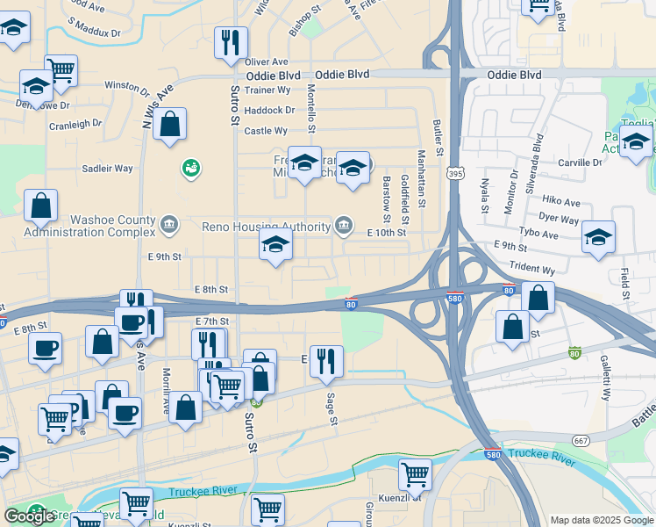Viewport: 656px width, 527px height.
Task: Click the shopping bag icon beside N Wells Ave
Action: (x=171, y=124)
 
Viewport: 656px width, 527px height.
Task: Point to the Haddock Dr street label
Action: (x=269, y=110)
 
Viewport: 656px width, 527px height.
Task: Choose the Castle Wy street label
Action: (x=266, y=131)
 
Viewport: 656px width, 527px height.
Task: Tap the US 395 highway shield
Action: (x=454, y=176)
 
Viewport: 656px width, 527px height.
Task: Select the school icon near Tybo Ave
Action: (x=598, y=236)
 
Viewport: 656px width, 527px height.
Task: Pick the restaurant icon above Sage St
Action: (x=326, y=361)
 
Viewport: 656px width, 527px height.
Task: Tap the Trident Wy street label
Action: (x=537, y=271)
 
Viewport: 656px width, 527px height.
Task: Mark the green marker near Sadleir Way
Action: (x=190, y=167)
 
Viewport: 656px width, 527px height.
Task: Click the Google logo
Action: (x=29, y=516)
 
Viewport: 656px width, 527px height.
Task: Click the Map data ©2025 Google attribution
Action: (x=601, y=520)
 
